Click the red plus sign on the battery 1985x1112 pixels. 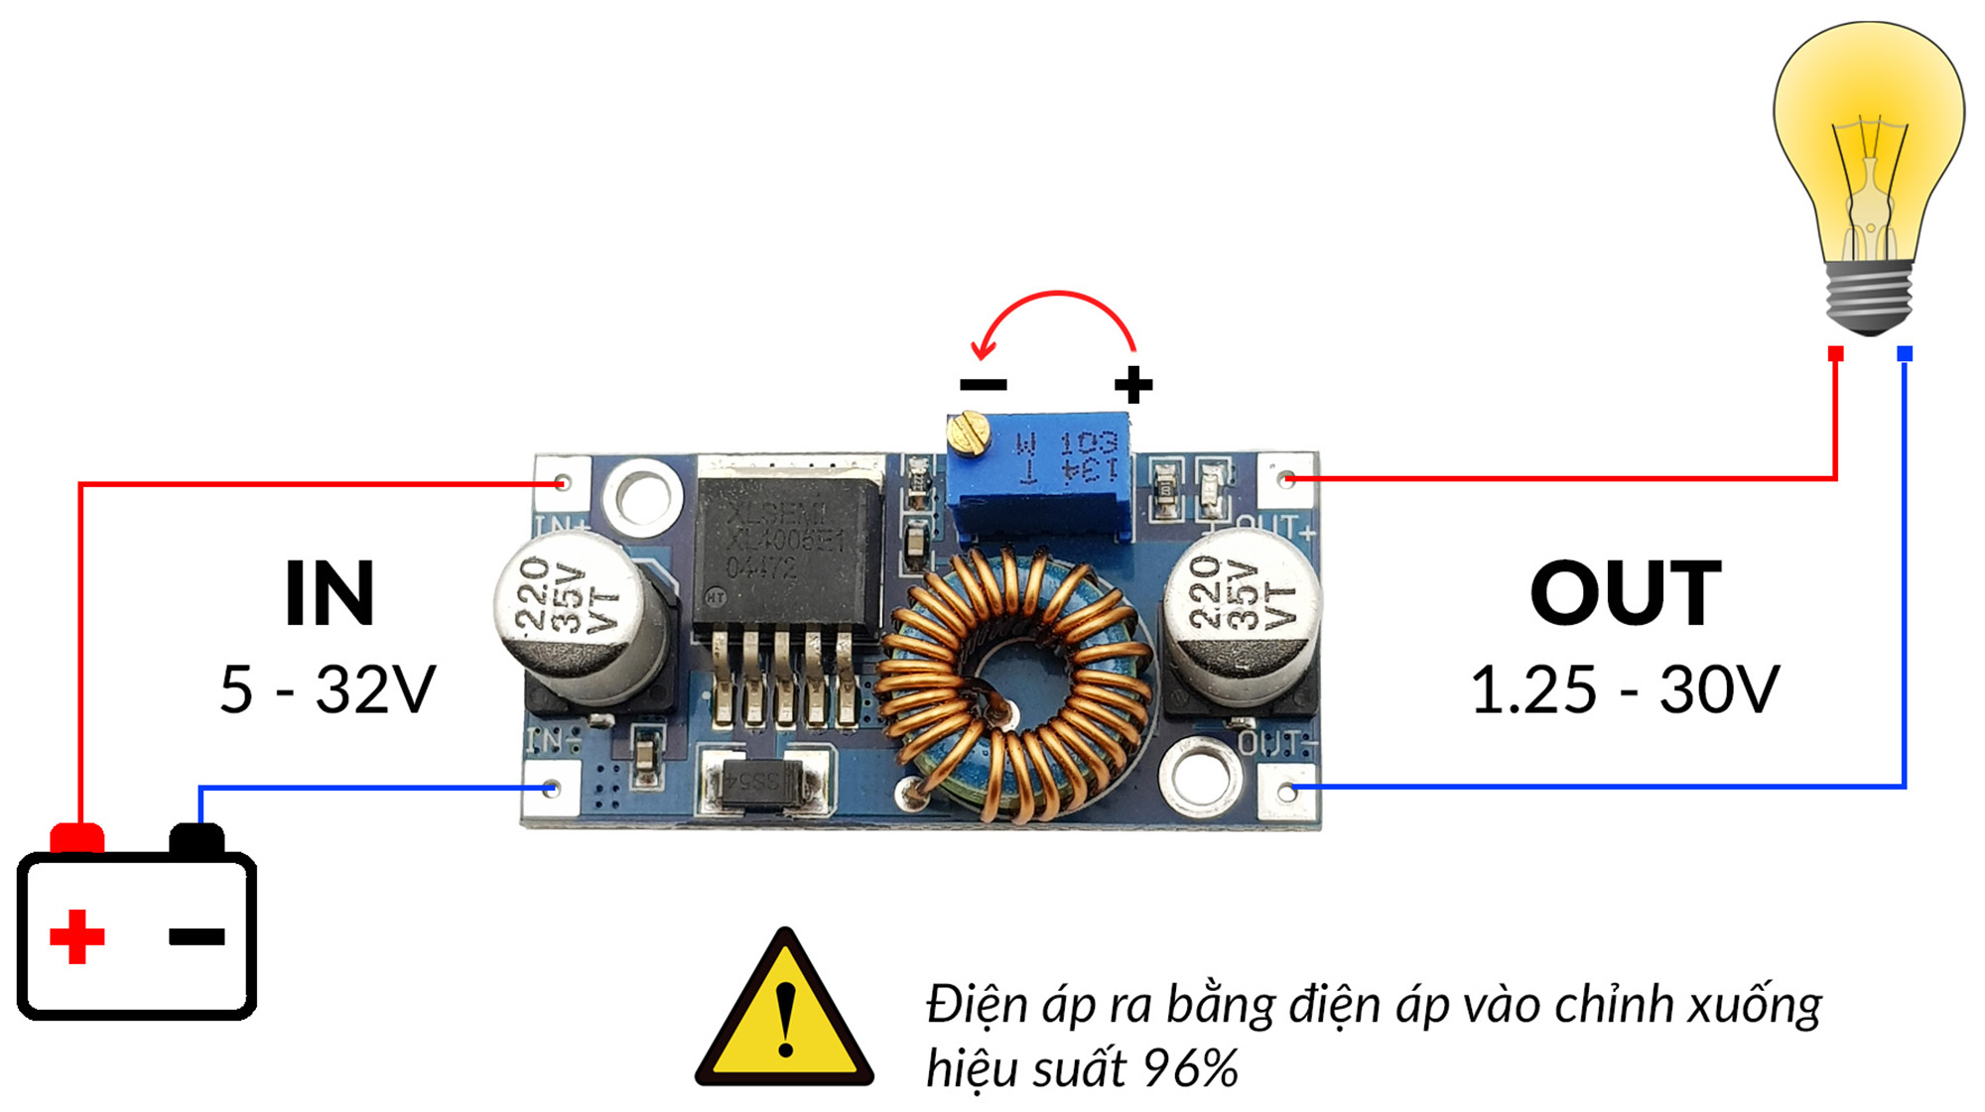76,935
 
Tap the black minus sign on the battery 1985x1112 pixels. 197,935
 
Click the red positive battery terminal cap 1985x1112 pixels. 77,838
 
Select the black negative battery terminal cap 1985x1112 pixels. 197,839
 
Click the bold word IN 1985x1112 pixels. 329,593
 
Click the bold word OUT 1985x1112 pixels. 1625,593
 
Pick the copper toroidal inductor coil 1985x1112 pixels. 1012,684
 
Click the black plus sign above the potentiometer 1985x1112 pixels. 1132,385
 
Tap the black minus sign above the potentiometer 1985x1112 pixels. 984,385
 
